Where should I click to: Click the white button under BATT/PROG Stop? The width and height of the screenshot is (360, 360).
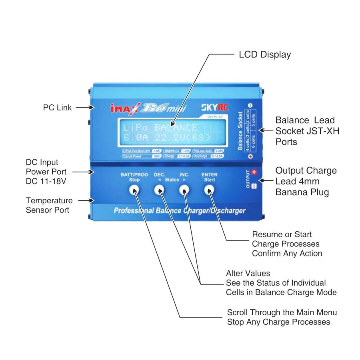tap(135, 190)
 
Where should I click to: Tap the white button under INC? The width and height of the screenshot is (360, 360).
tap(184, 190)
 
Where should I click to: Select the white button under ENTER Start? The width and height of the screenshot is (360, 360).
tap(208, 190)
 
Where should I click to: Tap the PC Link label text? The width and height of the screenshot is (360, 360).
tap(58, 108)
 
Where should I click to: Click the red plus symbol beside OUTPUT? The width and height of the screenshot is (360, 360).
tap(254, 173)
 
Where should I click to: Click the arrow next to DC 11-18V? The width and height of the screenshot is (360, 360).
tap(83, 172)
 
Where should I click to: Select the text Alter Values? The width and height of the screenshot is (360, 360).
tap(248, 274)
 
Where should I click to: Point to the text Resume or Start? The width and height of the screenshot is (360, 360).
tap(282, 234)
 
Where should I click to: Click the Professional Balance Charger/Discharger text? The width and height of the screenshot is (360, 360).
tap(180, 210)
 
